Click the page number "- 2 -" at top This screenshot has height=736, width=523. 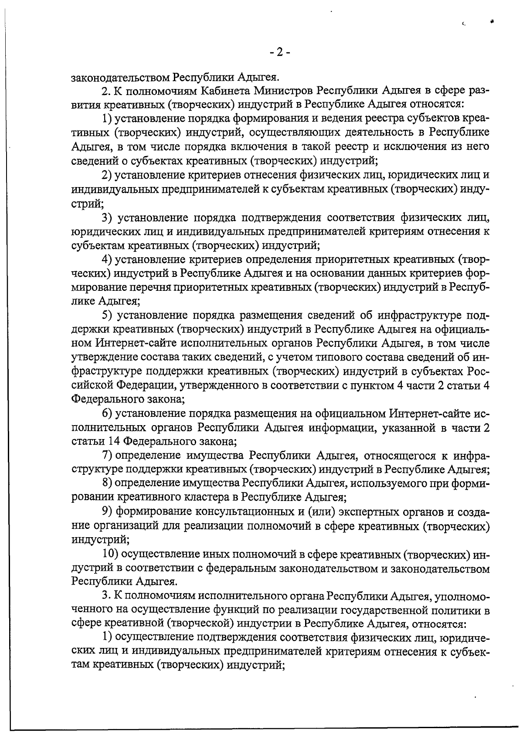[x=279, y=53]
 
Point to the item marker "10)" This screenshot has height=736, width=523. [x=110, y=554]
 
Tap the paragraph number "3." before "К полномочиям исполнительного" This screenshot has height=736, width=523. [x=105, y=596]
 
